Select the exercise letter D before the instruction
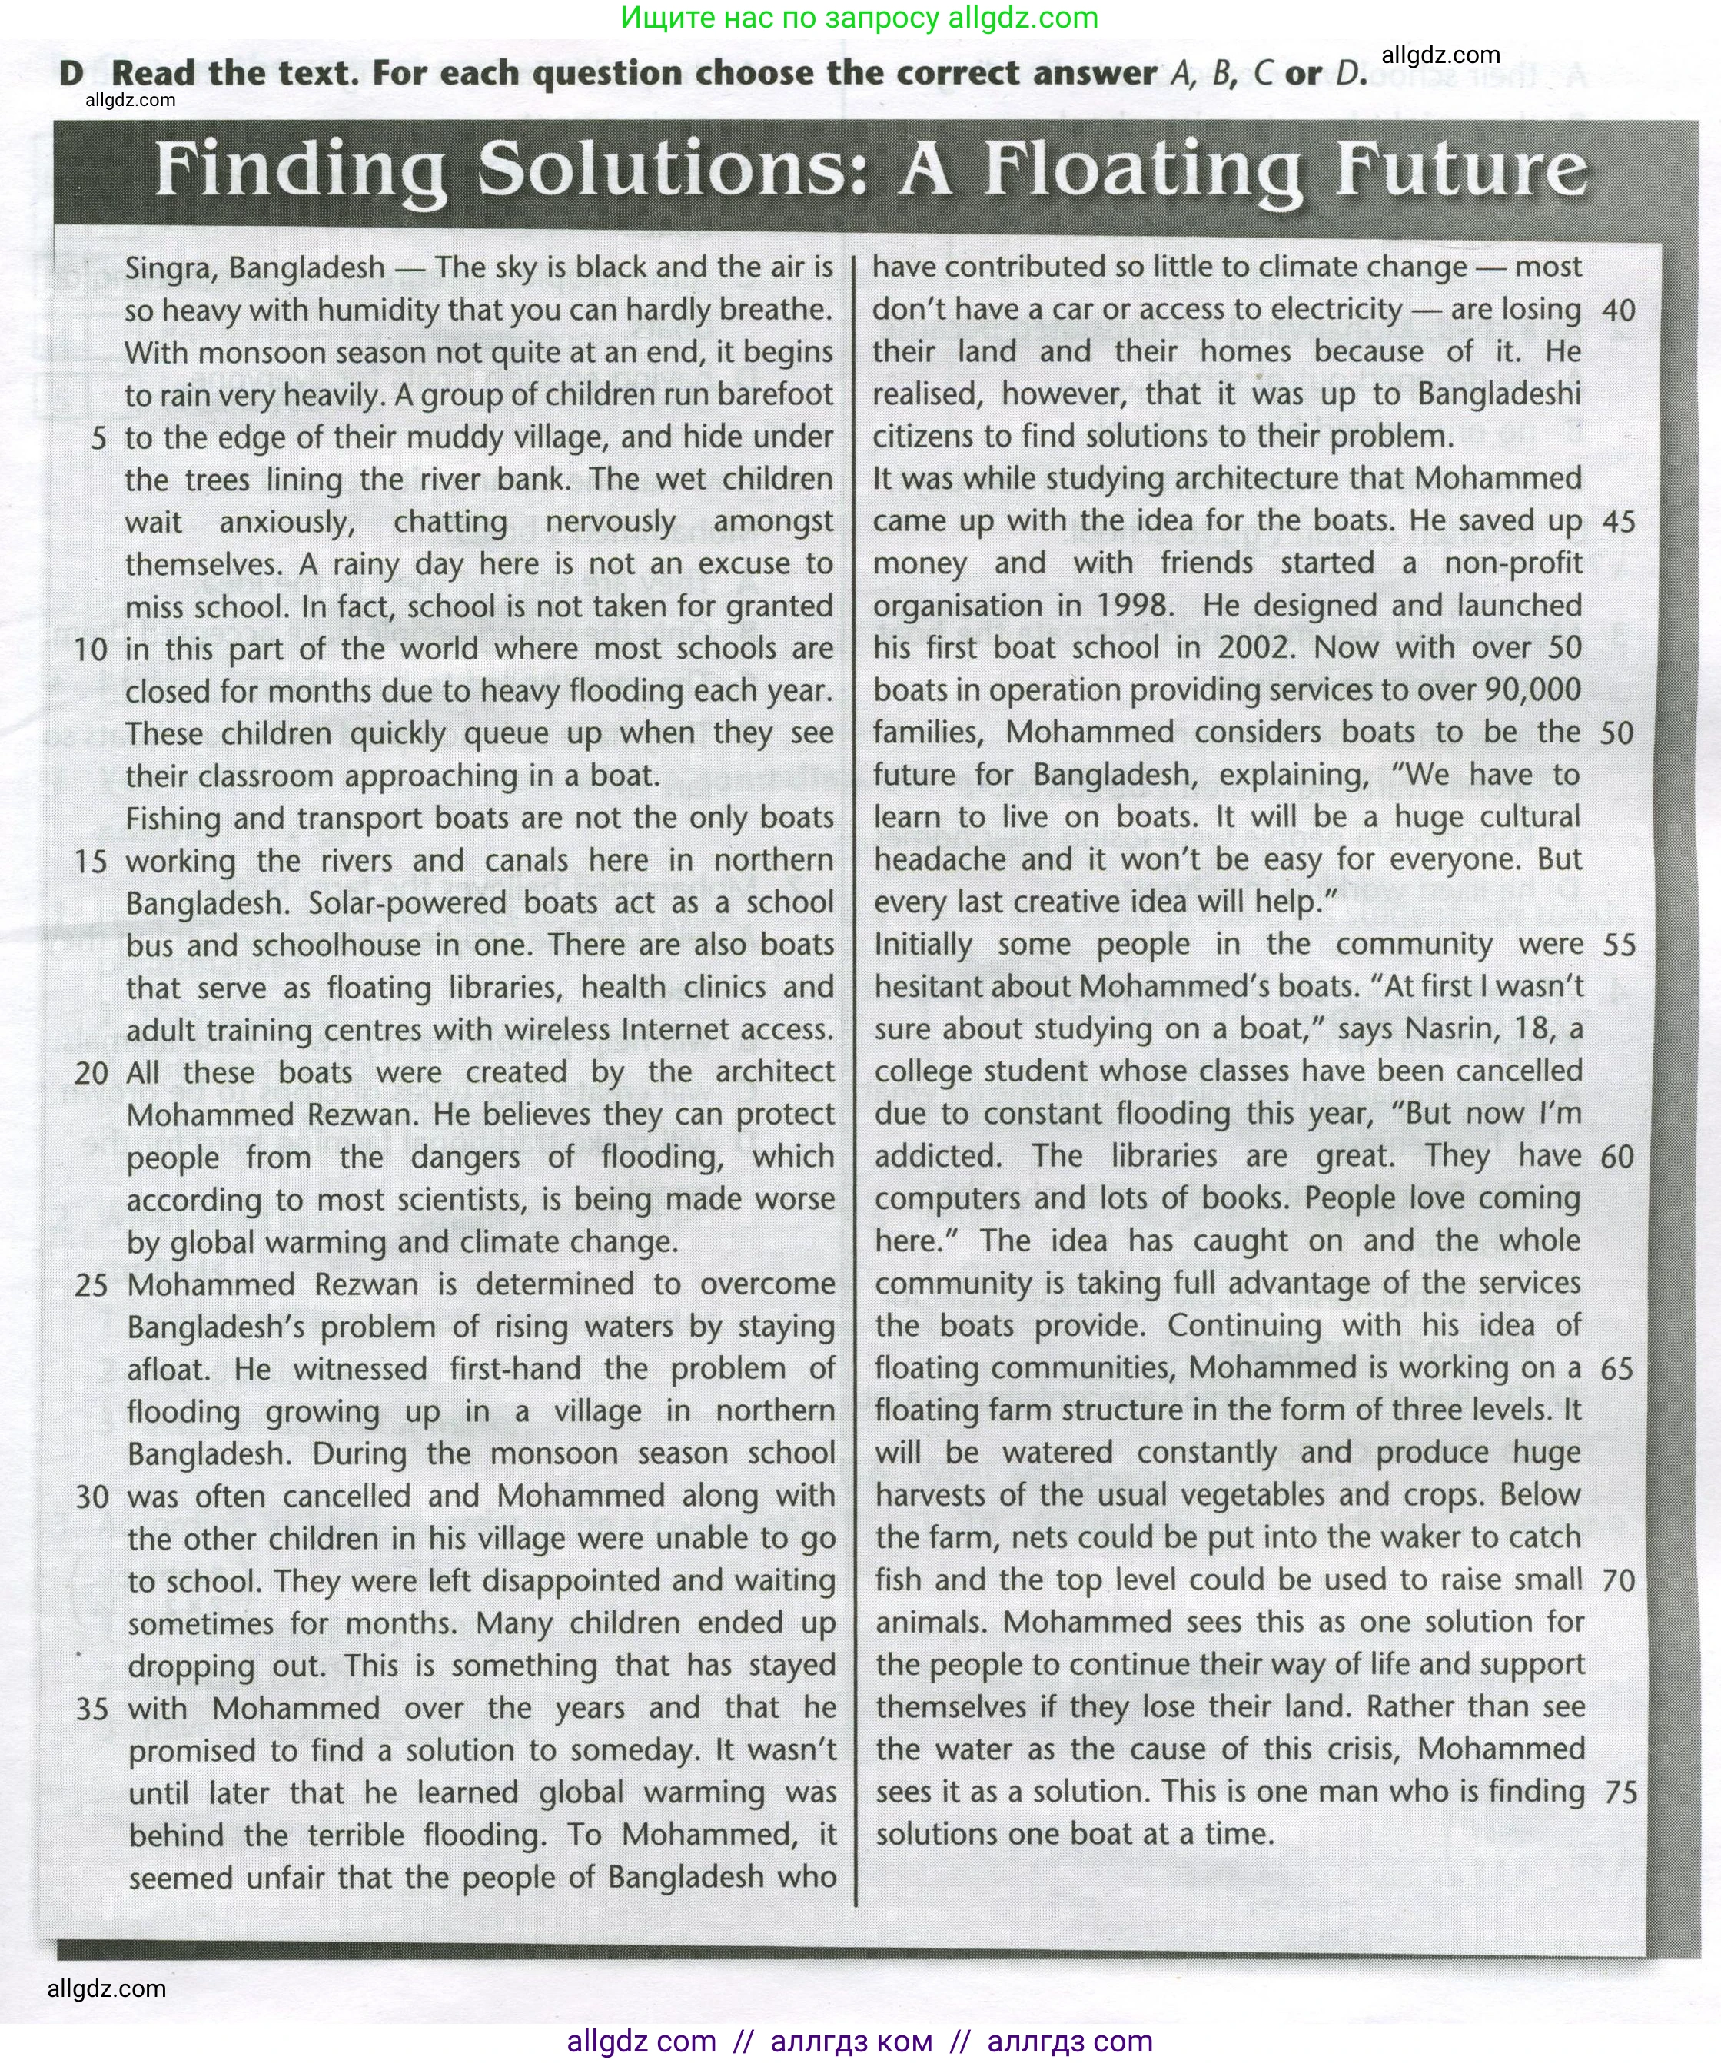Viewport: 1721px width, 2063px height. tap(71, 73)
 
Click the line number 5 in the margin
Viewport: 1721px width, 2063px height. tap(98, 438)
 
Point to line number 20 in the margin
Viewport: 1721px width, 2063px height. tap(91, 1073)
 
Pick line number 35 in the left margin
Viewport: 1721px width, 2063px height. tap(91, 1709)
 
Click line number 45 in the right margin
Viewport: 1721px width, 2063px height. tap(1619, 522)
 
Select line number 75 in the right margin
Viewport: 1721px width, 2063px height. tap(1620, 1792)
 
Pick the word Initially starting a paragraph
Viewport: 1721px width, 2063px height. tap(923, 945)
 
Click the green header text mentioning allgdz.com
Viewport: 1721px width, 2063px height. tap(859, 18)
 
